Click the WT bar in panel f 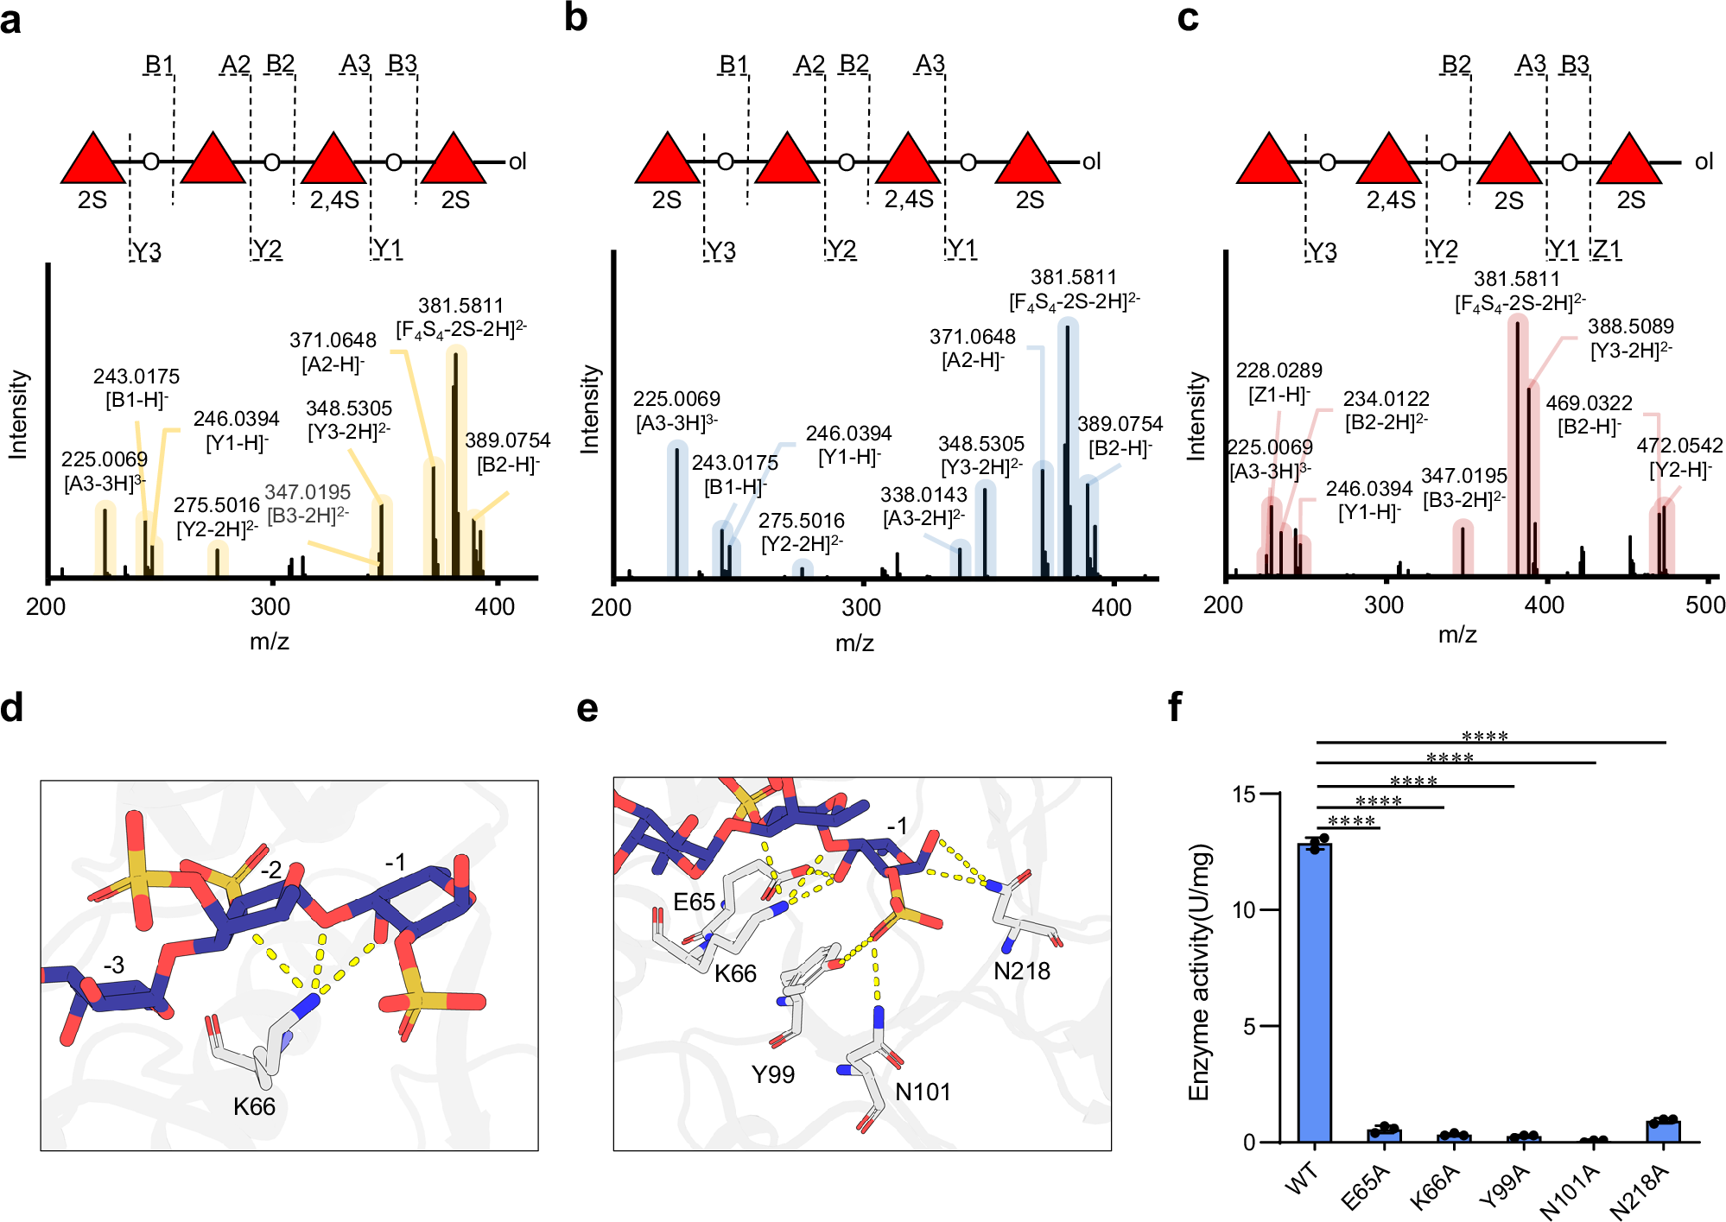pos(1314,993)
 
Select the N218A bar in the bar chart pos(1663,1130)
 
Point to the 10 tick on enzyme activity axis pos(1243,910)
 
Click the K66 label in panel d pos(254,1106)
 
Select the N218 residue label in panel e pos(1021,972)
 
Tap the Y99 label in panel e pos(772,1074)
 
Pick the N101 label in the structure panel pos(923,1092)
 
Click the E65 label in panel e pos(694,902)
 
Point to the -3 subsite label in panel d pos(113,965)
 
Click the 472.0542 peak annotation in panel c pos(1678,446)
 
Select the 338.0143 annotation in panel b pos(923,495)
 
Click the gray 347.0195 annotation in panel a pos(308,492)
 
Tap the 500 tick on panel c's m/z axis pos(1704,605)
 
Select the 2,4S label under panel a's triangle pos(334,200)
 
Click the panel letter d pos(12,708)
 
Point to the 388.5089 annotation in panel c pos(1630,326)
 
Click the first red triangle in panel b pos(667,161)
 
